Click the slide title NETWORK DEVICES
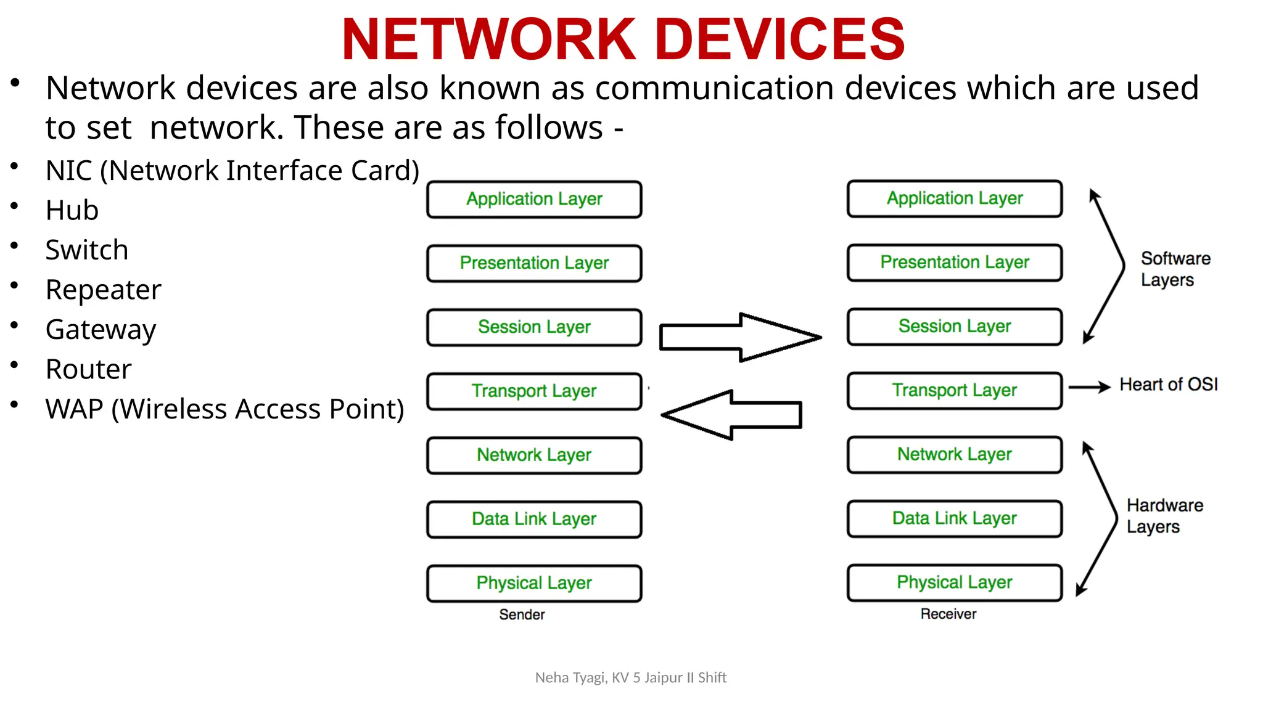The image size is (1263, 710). tap(623, 39)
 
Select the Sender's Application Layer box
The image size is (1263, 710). tap(534, 199)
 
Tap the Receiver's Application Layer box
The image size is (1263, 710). tap(955, 198)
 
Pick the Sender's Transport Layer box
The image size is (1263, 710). tap(534, 391)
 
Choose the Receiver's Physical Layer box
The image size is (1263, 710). tap(955, 582)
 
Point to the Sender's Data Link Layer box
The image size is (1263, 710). tap(534, 519)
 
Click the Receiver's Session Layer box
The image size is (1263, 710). tap(955, 327)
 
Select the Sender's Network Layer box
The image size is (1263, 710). tap(534, 455)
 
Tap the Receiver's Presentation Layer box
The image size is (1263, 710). tap(955, 263)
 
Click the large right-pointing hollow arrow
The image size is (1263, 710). tap(740, 337)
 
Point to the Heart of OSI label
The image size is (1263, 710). tap(1169, 385)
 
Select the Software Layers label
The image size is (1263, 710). tap(1175, 269)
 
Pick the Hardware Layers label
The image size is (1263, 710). tap(1164, 516)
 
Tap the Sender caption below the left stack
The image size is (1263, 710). tap(522, 614)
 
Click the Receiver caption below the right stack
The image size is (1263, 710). tap(948, 614)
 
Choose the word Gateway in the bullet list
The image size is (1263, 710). tap(101, 330)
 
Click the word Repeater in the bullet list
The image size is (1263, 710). tap(104, 290)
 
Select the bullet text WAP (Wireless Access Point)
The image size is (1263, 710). tap(224, 409)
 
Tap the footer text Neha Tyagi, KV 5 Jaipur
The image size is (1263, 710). tap(631, 678)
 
